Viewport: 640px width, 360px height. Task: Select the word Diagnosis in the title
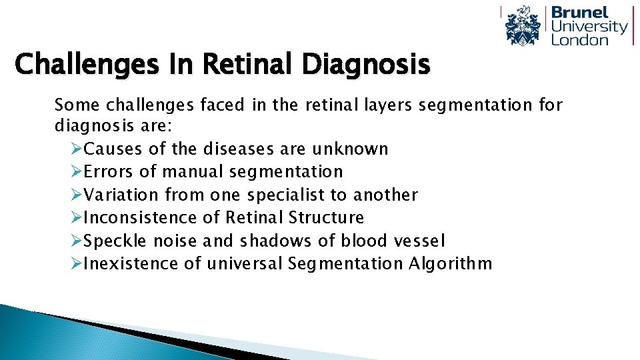365,65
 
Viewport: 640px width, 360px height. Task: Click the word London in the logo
579,40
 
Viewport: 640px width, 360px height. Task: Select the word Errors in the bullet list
110,172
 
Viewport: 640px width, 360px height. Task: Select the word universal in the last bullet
245,264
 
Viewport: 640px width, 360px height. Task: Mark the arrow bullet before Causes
76,149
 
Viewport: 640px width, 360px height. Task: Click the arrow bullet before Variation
76,195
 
